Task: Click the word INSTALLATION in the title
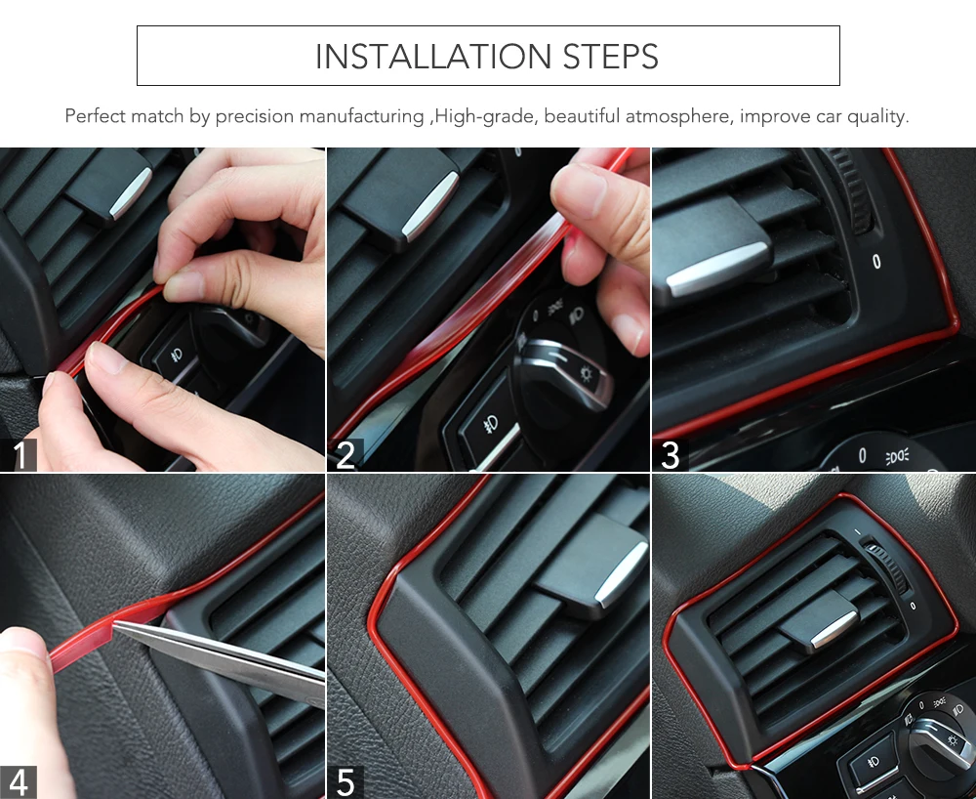click(x=432, y=57)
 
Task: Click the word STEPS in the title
click(x=611, y=57)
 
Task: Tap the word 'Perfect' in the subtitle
click(x=94, y=116)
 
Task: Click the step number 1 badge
click(x=19, y=454)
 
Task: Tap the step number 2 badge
click(x=346, y=454)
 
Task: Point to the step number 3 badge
click(x=671, y=454)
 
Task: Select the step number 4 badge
click(x=19, y=782)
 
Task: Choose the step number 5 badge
click(x=346, y=782)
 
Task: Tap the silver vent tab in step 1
click(x=130, y=193)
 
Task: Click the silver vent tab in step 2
click(x=428, y=207)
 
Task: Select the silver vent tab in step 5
click(x=622, y=574)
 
